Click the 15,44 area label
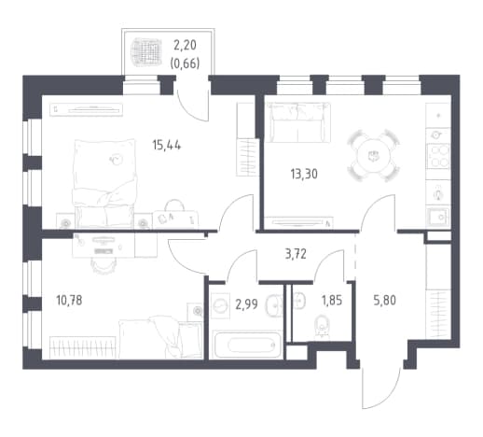click(167, 145)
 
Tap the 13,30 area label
click(304, 174)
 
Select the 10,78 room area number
click(69, 301)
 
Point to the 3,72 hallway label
click(296, 254)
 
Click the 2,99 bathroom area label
click(246, 304)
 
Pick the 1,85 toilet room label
click(332, 301)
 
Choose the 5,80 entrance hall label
click(385, 301)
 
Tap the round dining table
click(373, 155)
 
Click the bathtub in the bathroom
click(247, 345)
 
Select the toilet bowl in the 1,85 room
click(322, 327)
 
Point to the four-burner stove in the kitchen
click(438, 156)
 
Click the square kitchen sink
click(438, 217)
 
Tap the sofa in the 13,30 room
click(298, 122)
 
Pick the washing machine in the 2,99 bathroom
click(221, 305)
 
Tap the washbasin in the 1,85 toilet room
click(298, 302)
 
